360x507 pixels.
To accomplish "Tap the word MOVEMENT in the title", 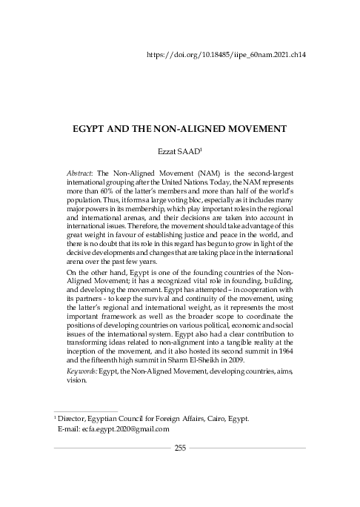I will (x=244, y=128).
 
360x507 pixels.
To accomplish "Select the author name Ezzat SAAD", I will (x=179, y=151).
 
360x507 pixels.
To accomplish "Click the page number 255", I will (x=180, y=447).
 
